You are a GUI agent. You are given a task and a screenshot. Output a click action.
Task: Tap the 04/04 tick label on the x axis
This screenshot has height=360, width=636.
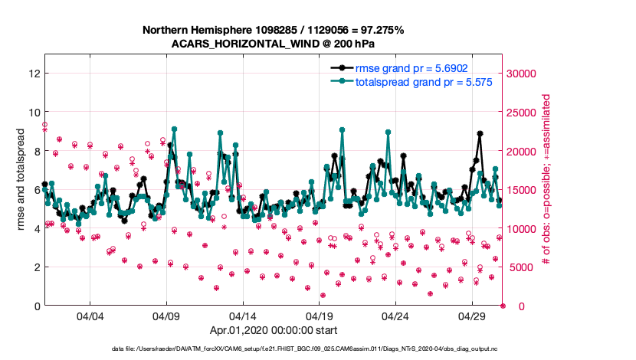tap(90, 316)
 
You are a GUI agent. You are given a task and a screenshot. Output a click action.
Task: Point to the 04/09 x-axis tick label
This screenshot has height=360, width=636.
tap(166, 316)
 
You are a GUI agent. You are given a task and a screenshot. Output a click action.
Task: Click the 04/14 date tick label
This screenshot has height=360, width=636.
tap(243, 316)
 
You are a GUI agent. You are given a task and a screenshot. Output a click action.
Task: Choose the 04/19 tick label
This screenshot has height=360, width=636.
tap(319, 316)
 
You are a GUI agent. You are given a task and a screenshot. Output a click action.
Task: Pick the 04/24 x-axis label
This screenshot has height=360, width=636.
tap(395, 316)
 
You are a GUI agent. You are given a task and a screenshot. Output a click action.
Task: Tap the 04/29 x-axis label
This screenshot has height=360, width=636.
tap(471, 316)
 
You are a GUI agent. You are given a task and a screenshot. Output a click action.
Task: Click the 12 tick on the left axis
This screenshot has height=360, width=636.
tap(33, 74)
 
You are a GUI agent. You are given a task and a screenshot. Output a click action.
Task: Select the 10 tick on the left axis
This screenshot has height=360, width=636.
tap(33, 113)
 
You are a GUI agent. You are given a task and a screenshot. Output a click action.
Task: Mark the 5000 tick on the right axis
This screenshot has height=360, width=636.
tap(521, 267)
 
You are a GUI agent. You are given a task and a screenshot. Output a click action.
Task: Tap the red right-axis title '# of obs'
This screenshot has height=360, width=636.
tap(546, 181)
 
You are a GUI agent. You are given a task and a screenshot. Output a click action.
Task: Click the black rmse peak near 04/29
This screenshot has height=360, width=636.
tap(480, 133)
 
